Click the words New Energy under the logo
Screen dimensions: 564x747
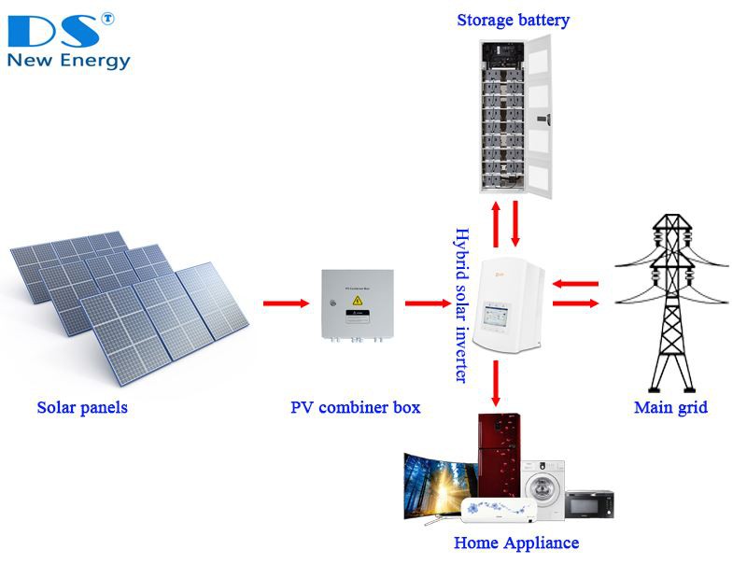click(68, 62)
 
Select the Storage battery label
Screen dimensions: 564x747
click(513, 20)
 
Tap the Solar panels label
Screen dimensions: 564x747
click(82, 407)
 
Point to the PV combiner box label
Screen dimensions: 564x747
click(355, 407)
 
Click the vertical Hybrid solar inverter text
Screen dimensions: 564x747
click(459, 304)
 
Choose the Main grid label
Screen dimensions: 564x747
click(670, 407)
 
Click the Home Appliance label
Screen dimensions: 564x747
click(516, 543)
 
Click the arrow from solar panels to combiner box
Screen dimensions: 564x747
click(286, 303)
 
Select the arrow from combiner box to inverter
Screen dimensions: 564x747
click(427, 303)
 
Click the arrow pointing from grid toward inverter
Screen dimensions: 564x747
click(574, 283)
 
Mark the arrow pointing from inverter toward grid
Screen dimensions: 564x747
click(575, 303)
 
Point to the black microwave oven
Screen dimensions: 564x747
click(589, 504)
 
